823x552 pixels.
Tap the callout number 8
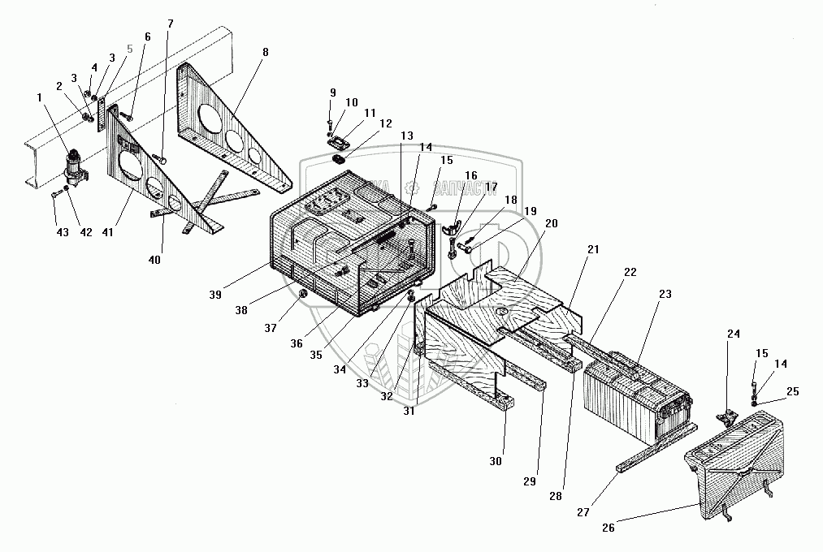pyautogui.click(x=265, y=52)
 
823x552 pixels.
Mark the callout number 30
pyautogui.click(x=496, y=461)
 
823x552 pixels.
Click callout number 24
pyautogui.click(x=734, y=334)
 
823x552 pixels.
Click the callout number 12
pyautogui.click(x=385, y=123)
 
